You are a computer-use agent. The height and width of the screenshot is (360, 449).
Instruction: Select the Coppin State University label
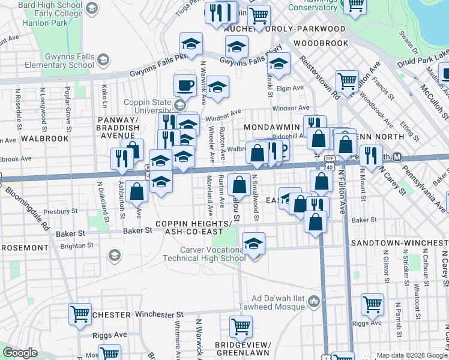pyautogui.click(x=148, y=106)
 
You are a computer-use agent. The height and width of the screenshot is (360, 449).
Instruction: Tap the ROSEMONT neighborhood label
pyautogui.click(x=24, y=247)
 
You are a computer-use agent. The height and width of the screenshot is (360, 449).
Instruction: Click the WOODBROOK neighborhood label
pyautogui.click(x=321, y=43)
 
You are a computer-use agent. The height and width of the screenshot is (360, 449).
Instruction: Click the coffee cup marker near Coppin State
pyautogui.click(x=185, y=85)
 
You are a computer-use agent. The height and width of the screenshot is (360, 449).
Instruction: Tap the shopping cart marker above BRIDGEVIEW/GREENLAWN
pyautogui.click(x=241, y=327)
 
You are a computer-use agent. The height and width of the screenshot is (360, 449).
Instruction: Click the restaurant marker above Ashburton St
pyautogui.click(x=121, y=158)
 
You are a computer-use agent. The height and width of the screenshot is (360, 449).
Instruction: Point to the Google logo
pyautogui.click(x=20, y=353)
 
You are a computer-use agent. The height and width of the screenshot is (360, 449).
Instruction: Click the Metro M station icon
pyautogui.click(x=397, y=157)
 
